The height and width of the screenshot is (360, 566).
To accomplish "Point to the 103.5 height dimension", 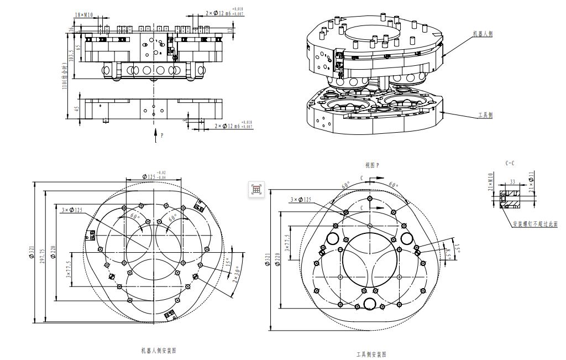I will click(71, 55).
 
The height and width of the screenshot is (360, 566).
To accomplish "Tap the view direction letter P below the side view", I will click(161, 134).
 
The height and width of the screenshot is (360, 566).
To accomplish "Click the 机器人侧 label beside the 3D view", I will click(483, 34).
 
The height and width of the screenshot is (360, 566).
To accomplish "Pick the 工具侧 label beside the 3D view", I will click(485, 116).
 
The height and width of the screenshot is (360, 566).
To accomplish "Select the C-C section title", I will click(510, 164).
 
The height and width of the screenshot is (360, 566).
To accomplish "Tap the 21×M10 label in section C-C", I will click(490, 182).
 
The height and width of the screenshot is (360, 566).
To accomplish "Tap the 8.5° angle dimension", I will click(449, 252).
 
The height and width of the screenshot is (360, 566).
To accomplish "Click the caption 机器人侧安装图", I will click(159, 351).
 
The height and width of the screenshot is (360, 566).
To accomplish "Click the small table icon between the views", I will click(256, 189).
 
